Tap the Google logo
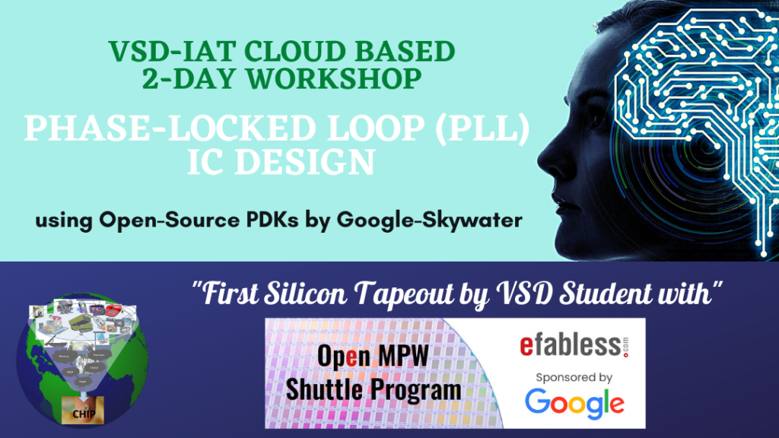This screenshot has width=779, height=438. coord(574,402)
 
